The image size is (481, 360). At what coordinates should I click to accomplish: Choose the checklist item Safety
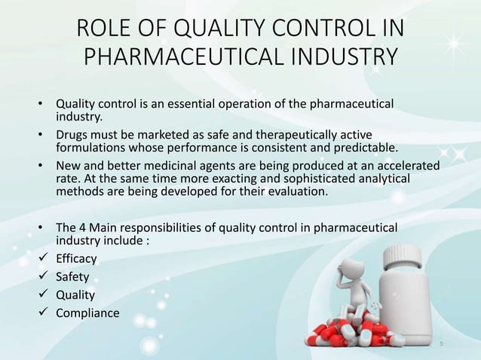tap(72, 276)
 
